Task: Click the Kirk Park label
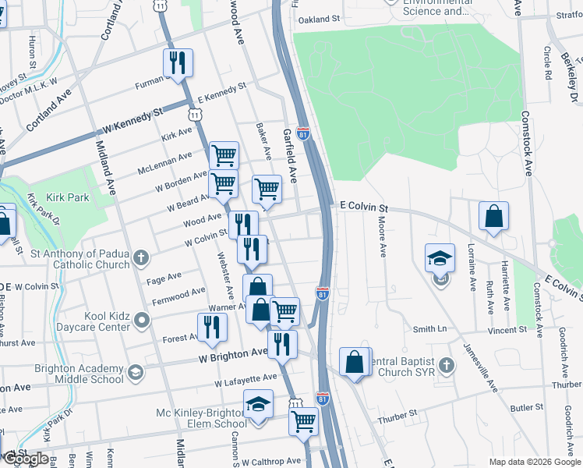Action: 68,198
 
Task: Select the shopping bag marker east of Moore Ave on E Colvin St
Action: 493,216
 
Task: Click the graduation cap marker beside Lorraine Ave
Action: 440,257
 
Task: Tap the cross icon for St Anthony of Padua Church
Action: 140,257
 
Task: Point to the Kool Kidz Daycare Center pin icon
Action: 141,319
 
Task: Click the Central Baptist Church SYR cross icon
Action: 446,365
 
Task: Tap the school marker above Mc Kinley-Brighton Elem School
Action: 258,405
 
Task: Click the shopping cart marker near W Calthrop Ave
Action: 303,421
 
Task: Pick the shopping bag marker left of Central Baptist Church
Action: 355,362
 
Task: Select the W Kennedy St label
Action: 130,123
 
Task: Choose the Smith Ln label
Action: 429,329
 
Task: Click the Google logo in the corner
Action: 26,459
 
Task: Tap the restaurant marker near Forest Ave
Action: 211,327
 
